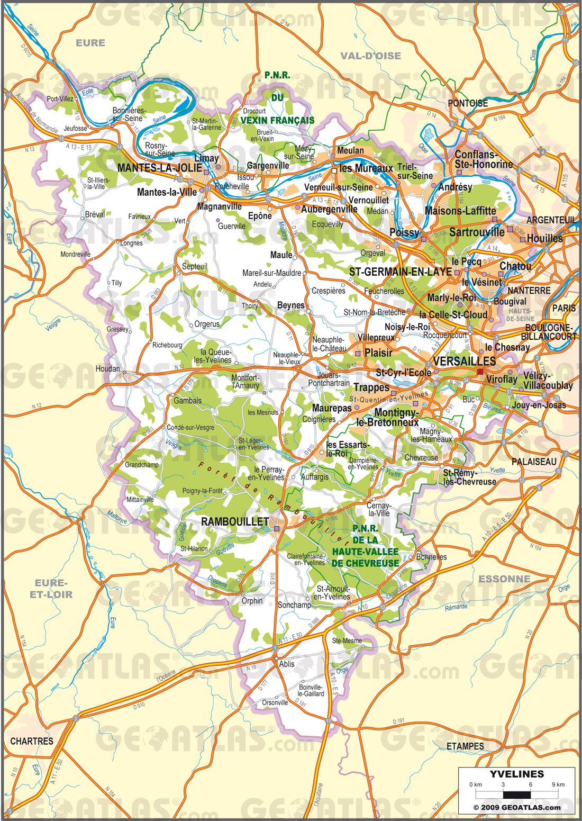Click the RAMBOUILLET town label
235,522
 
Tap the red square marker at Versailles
480,372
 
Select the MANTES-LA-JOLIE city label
159,168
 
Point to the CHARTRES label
32,741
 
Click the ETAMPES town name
465,746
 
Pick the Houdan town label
107,368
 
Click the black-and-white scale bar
516,794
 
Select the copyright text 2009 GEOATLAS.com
516,807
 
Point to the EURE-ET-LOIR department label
51,589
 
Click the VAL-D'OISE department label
370,56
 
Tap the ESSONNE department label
504,579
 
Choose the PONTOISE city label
468,103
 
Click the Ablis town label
287,664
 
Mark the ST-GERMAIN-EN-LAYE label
401,272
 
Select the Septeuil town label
195,266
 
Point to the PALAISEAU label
534,461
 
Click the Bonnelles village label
431,557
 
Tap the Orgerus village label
207,324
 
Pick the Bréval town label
95,214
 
